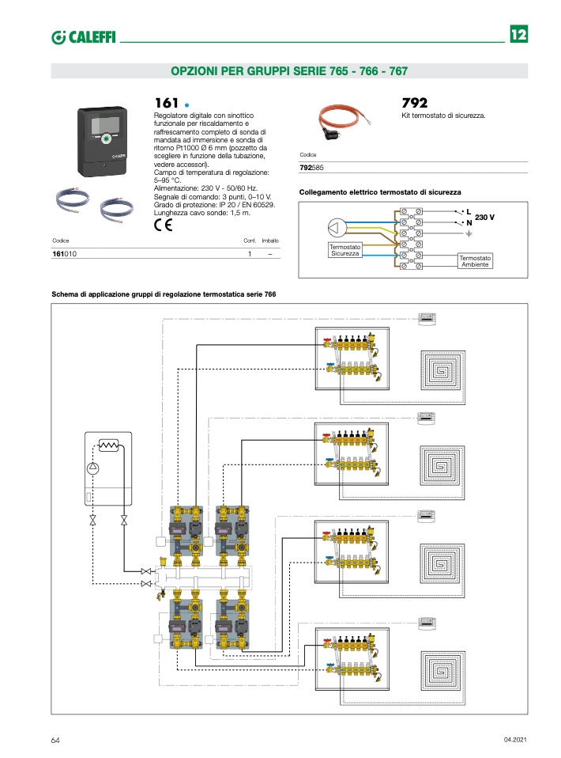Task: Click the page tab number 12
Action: point(518,35)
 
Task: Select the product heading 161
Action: point(166,103)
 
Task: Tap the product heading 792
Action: point(415,103)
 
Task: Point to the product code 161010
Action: point(65,254)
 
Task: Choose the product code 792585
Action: point(312,168)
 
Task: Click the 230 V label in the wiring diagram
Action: point(484,217)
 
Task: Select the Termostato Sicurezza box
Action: point(345,250)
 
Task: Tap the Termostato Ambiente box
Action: point(475,261)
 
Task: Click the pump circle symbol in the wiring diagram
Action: point(335,228)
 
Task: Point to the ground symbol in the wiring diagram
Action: point(468,234)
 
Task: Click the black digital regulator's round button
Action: point(105,140)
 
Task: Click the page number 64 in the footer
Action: point(55,740)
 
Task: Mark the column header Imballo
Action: point(270,241)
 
